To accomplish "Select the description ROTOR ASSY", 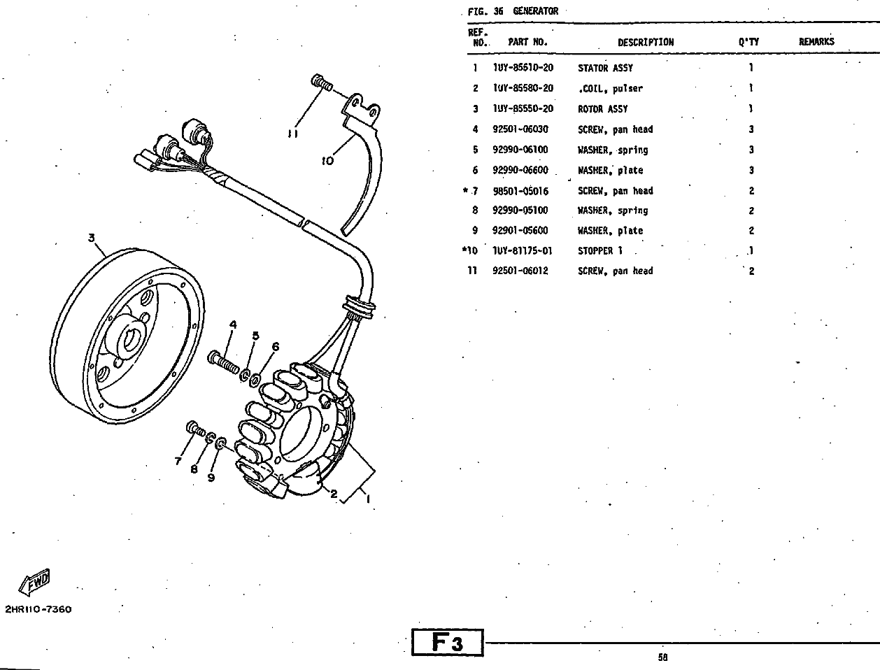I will point(602,109).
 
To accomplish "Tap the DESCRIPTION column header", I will point(645,42).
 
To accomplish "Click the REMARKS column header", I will point(816,42).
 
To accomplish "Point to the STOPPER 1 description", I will point(599,251).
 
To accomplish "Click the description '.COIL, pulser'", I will point(610,89).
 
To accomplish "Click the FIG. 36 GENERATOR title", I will point(513,11).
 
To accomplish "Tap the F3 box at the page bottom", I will point(448,643).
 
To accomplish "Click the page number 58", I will point(663,657).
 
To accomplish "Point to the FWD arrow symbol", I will point(35,580).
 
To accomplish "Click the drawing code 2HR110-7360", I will point(38,609).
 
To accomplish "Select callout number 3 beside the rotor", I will point(92,238).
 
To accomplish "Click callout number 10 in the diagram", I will point(327,161).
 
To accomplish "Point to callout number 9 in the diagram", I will point(211,478).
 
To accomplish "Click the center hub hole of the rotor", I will point(131,338).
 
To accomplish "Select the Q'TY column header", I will point(748,42).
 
